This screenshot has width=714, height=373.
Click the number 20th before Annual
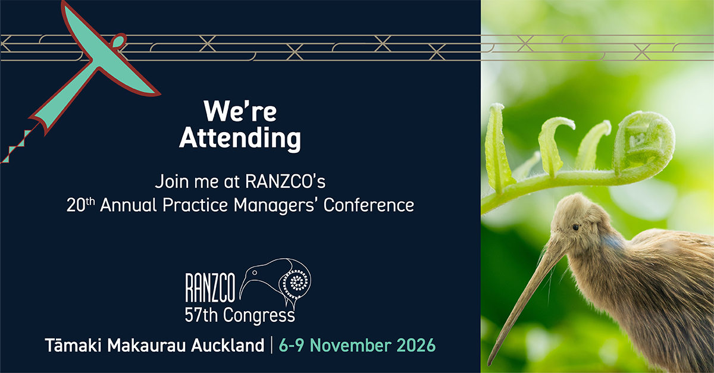point(81,205)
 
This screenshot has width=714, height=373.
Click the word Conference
point(369,205)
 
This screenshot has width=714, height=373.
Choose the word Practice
point(195,205)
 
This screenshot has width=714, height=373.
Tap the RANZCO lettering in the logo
point(210,287)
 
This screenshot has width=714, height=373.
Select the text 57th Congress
point(240,315)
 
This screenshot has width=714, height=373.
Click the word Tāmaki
point(73,344)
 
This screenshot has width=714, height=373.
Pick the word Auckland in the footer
point(227,345)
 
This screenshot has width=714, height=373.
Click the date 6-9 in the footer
point(291,345)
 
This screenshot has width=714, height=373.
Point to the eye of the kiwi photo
point(576,227)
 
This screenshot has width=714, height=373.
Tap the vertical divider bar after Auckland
point(271,345)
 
